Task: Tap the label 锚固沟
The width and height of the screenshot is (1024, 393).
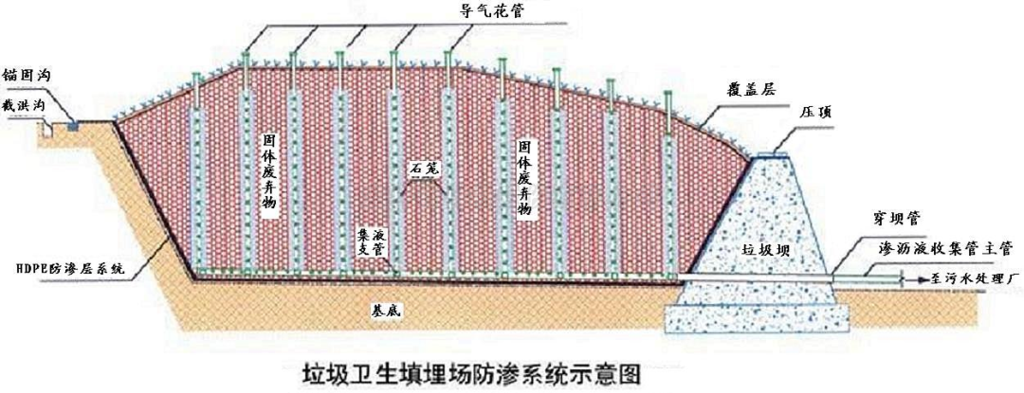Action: pyautogui.click(x=27, y=74)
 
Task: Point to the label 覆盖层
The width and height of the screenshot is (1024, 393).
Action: pyautogui.click(x=751, y=91)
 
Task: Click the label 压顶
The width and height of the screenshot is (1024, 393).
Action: pyautogui.click(x=814, y=112)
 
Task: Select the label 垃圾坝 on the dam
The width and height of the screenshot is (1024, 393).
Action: pyautogui.click(x=761, y=250)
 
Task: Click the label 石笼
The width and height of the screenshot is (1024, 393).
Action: pyautogui.click(x=423, y=170)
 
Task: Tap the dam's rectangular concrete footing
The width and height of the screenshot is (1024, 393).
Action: pyautogui.click(x=758, y=319)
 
